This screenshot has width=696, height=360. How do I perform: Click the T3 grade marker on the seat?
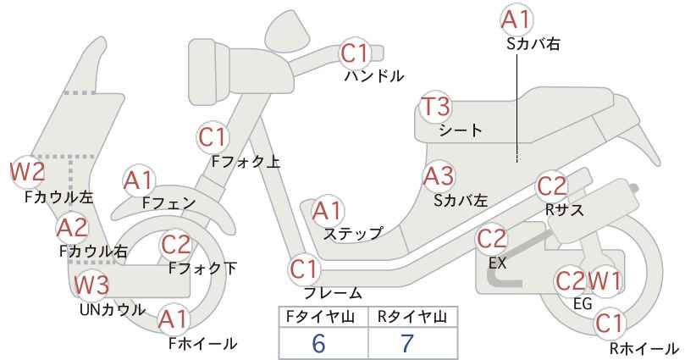point(436,107)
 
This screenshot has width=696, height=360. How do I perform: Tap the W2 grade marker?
point(28,172)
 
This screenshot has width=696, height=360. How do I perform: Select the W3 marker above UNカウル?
point(91,285)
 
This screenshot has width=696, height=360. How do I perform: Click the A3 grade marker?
point(439,176)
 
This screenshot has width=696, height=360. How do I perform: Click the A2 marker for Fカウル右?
point(73,228)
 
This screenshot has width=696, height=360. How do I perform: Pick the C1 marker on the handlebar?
point(355,53)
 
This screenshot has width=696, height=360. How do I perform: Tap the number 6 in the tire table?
point(318,343)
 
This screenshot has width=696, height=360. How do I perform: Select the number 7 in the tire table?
point(407,343)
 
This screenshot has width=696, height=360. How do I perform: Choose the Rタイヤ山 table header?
point(412,317)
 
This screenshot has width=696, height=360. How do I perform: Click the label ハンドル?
point(374,76)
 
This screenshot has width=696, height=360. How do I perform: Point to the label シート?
point(461,130)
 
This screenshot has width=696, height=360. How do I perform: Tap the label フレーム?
point(333,293)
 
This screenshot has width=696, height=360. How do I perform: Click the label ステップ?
point(353,234)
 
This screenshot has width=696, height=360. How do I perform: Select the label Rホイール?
point(644,348)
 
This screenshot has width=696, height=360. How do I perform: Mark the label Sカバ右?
point(533,43)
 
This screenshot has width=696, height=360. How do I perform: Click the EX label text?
point(497,263)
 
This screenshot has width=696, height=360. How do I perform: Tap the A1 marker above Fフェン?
point(140,181)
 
